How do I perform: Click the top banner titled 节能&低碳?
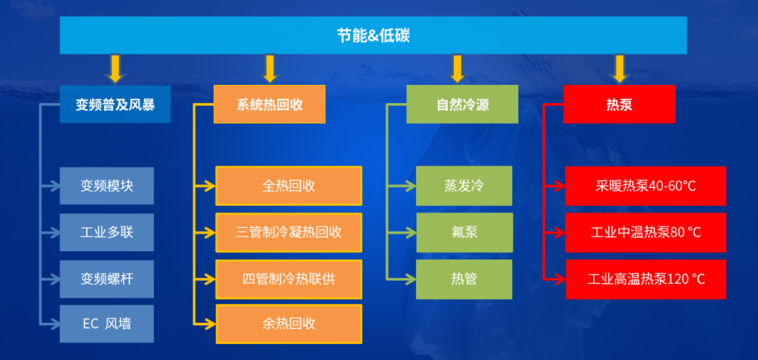373,35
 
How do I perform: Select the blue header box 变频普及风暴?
115,105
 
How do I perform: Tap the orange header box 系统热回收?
270,105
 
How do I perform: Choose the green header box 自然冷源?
463,105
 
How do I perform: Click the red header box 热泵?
619,105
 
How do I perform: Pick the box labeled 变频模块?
107,186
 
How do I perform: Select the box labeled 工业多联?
107,232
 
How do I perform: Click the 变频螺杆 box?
107,279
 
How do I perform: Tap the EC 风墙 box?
107,324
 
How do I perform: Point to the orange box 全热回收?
288,186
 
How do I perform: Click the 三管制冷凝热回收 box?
288,232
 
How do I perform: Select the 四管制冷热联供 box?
288,279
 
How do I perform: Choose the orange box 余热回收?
288,324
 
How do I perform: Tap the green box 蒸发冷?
464,186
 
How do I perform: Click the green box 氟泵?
464,232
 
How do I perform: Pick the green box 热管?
464,279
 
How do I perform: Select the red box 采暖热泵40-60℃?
646,186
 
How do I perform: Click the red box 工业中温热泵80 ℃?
646,232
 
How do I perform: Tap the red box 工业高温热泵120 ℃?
646,279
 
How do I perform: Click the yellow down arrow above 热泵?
619,69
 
